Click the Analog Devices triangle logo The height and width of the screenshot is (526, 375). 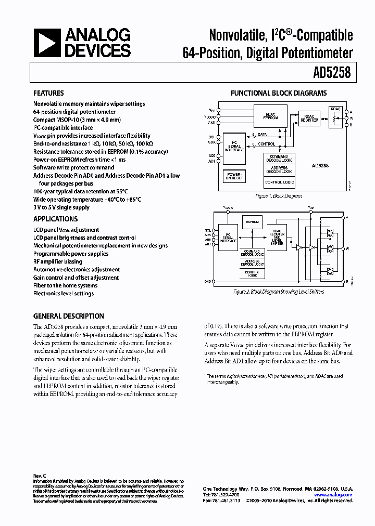point(47,43)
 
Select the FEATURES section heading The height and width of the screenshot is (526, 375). point(48,94)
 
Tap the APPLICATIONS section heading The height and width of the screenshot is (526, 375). point(55,219)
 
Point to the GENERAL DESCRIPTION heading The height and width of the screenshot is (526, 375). point(69,316)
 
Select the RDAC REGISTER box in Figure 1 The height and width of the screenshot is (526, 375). point(309,118)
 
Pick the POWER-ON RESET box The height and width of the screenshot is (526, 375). point(234,176)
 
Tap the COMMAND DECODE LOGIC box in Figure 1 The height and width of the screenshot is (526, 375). point(279,158)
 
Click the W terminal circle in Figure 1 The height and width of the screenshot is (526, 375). point(345,119)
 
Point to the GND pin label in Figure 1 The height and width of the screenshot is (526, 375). point(211,123)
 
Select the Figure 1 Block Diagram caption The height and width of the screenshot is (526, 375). point(278,196)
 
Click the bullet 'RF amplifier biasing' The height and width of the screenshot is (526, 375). point(57,261)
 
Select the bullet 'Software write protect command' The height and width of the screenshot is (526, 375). point(73,167)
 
